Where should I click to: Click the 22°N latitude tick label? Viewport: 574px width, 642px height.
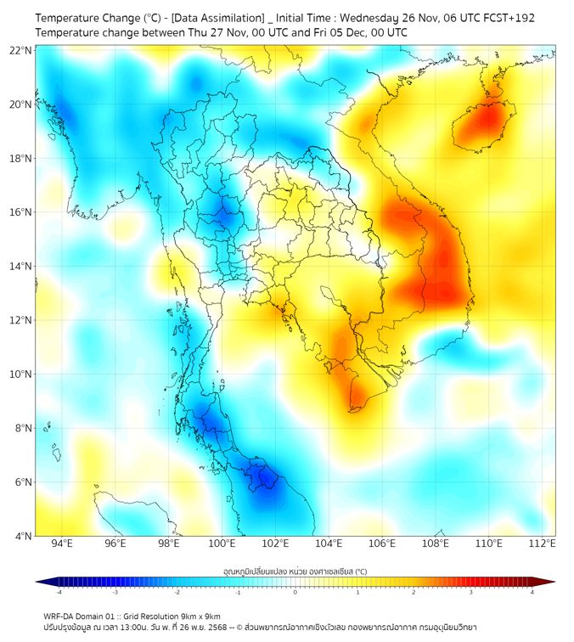[x=21, y=50]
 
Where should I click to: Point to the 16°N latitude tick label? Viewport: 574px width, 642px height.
[x=21, y=212]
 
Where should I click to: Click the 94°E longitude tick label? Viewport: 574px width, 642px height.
[x=62, y=543]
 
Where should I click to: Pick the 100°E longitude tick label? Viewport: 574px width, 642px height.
[x=222, y=543]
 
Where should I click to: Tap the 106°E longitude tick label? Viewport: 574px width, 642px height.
[x=383, y=543]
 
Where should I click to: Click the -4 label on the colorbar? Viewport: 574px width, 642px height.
[x=59, y=592]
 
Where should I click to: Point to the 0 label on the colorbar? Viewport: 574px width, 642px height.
[x=295, y=592]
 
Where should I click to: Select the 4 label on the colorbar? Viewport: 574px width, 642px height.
[x=532, y=592]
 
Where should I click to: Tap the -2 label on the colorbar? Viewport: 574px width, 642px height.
[x=177, y=592]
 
